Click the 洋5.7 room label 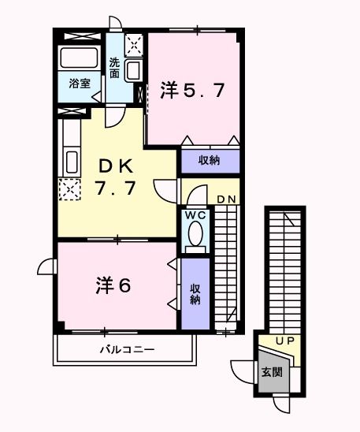point(193,90)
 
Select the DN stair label point(227,199)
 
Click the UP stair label point(284,341)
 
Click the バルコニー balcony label point(126,348)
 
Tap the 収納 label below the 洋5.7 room point(209,161)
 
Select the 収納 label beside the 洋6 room point(195,295)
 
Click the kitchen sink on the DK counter point(69,161)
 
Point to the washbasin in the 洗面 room point(133,70)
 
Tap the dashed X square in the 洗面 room point(133,43)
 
